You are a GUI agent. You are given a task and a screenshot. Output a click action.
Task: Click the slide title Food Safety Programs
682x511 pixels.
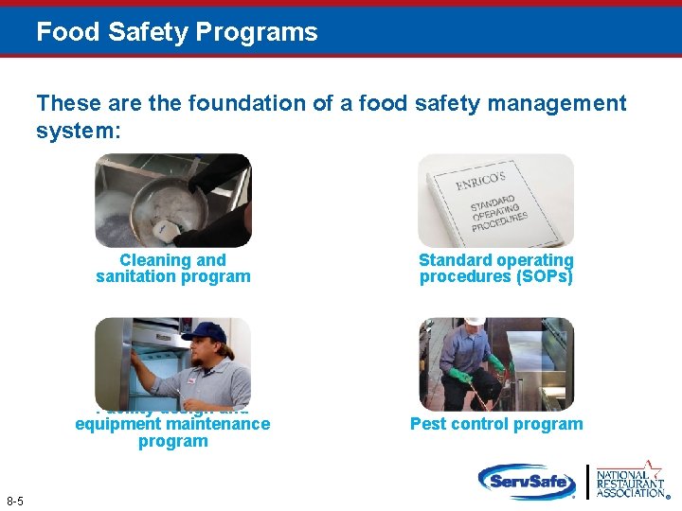click(x=177, y=32)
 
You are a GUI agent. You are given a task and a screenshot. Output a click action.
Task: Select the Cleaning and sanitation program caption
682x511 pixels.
click(x=173, y=269)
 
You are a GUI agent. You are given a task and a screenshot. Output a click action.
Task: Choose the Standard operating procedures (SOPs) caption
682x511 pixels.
click(x=496, y=269)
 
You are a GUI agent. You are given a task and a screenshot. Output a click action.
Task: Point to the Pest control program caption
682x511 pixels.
click(x=496, y=424)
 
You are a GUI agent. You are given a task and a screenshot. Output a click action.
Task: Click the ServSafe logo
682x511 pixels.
click(x=527, y=481)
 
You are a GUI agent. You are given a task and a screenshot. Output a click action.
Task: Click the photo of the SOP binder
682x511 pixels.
click(x=496, y=201)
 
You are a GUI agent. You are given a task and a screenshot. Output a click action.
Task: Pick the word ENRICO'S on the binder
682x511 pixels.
click(x=480, y=181)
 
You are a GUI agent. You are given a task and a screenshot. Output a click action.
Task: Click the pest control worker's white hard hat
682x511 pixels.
click(x=474, y=324)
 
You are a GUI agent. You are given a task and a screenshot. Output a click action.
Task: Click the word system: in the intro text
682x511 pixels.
click(x=79, y=131)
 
